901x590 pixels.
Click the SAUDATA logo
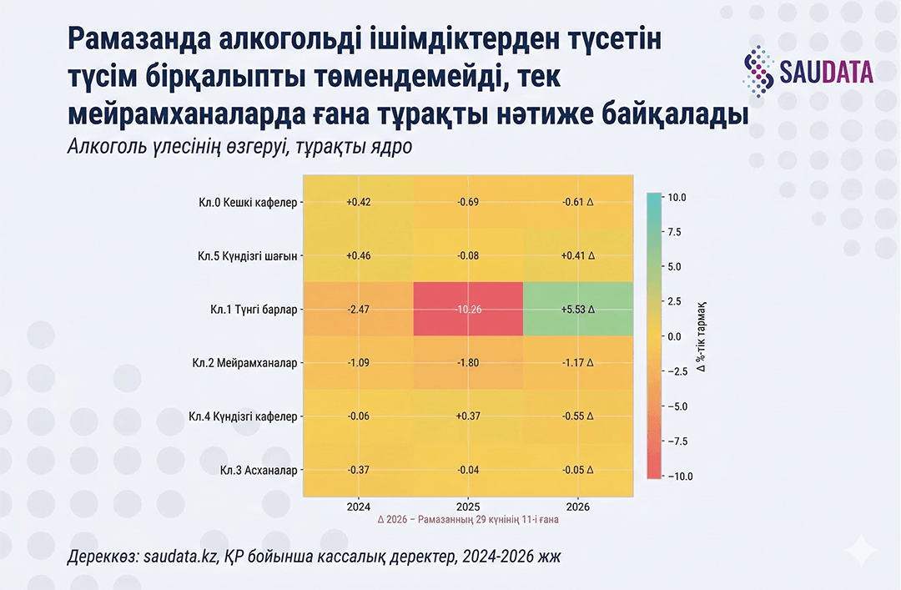[808, 71]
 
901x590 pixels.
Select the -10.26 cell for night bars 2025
[468, 309]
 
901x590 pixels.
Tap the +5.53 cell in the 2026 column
[578, 309]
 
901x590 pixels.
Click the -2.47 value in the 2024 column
[358, 309]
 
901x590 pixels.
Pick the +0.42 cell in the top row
[358, 201]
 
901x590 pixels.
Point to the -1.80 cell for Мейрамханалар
[468, 363]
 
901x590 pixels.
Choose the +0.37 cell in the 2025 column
[468, 416]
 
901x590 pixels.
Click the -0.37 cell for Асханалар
[358, 470]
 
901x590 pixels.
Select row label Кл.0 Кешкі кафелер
[247, 202]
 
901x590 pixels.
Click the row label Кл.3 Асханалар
[258, 471]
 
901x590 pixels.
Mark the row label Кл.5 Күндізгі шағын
[243, 255]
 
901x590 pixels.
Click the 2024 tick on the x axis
[358, 506]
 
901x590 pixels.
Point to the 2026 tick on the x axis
[578, 506]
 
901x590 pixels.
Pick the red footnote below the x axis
[468, 519]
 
